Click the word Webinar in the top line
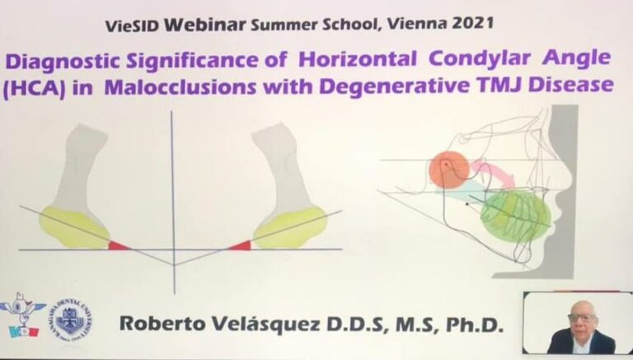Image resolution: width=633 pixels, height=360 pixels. pyautogui.click(x=204, y=25)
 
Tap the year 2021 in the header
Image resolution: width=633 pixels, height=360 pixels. pyautogui.click(x=473, y=22)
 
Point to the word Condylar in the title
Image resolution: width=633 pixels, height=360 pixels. pyautogui.click(x=479, y=60)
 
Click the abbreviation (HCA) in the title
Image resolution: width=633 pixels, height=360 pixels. pyautogui.click(x=34, y=88)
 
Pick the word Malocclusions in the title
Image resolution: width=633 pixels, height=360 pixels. pyautogui.click(x=180, y=87)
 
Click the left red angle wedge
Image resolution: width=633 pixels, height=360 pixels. pyautogui.click(x=119, y=245)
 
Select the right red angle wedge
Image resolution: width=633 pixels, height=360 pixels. pyautogui.click(x=241, y=245)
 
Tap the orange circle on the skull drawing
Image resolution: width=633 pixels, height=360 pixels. pyautogui.click(x=449, y=170)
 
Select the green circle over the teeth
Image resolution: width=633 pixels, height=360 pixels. pyautogui.click(x=515, y=216)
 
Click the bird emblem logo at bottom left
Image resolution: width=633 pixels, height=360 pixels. pyautogui.click(x=21, y=316)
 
